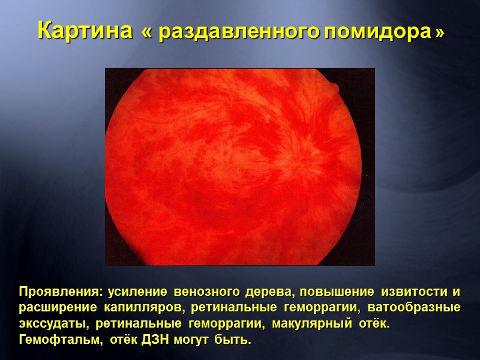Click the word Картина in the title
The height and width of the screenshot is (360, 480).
(85, 31)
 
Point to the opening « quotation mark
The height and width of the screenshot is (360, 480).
(147, 32)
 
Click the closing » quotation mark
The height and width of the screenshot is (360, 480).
(440, 32)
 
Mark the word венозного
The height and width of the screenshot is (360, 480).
(203, 292)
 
